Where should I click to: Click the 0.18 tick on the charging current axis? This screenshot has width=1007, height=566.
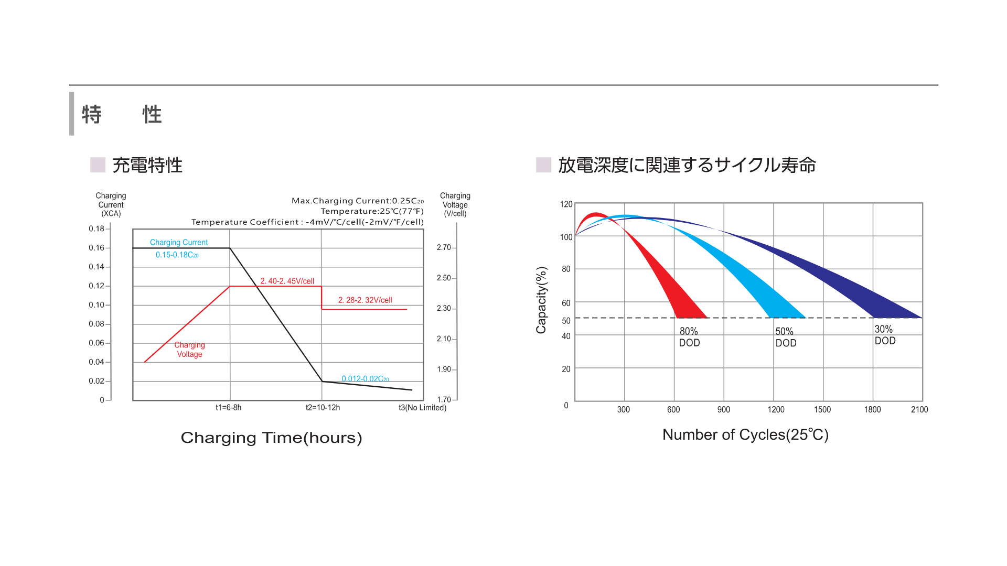[97, 228]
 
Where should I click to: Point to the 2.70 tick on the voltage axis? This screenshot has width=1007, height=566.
[444, 247]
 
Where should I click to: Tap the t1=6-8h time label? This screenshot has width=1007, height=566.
[229, 407]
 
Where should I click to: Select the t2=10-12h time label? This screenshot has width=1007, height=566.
[323, 407]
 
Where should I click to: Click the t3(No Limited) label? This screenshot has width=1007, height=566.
[422, 407]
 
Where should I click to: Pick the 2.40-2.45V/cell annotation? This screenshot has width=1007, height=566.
[287, 281]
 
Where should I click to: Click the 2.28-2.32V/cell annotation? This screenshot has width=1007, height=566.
[365, 300]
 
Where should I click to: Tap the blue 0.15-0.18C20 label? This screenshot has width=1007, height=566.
[177, 255]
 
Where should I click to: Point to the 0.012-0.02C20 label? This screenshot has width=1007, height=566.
[365, 378]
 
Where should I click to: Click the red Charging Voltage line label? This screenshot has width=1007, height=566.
[189, 350]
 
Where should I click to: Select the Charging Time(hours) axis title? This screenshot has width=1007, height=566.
[271, 438]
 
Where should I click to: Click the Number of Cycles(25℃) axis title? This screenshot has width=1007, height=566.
[745, 434]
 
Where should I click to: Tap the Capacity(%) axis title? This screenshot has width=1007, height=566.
[541, 300]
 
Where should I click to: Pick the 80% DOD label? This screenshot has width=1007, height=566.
[689, 337]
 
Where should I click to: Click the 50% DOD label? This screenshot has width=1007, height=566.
[786, 337]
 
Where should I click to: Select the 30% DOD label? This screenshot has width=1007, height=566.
[885, 335]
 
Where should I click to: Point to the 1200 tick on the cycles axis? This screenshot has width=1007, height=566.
[776, 409]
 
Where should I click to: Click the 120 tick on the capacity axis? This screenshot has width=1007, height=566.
[566, 204]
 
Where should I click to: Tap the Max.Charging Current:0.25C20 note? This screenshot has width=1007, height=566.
[357, 201]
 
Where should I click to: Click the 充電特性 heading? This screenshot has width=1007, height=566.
[147, 165]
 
